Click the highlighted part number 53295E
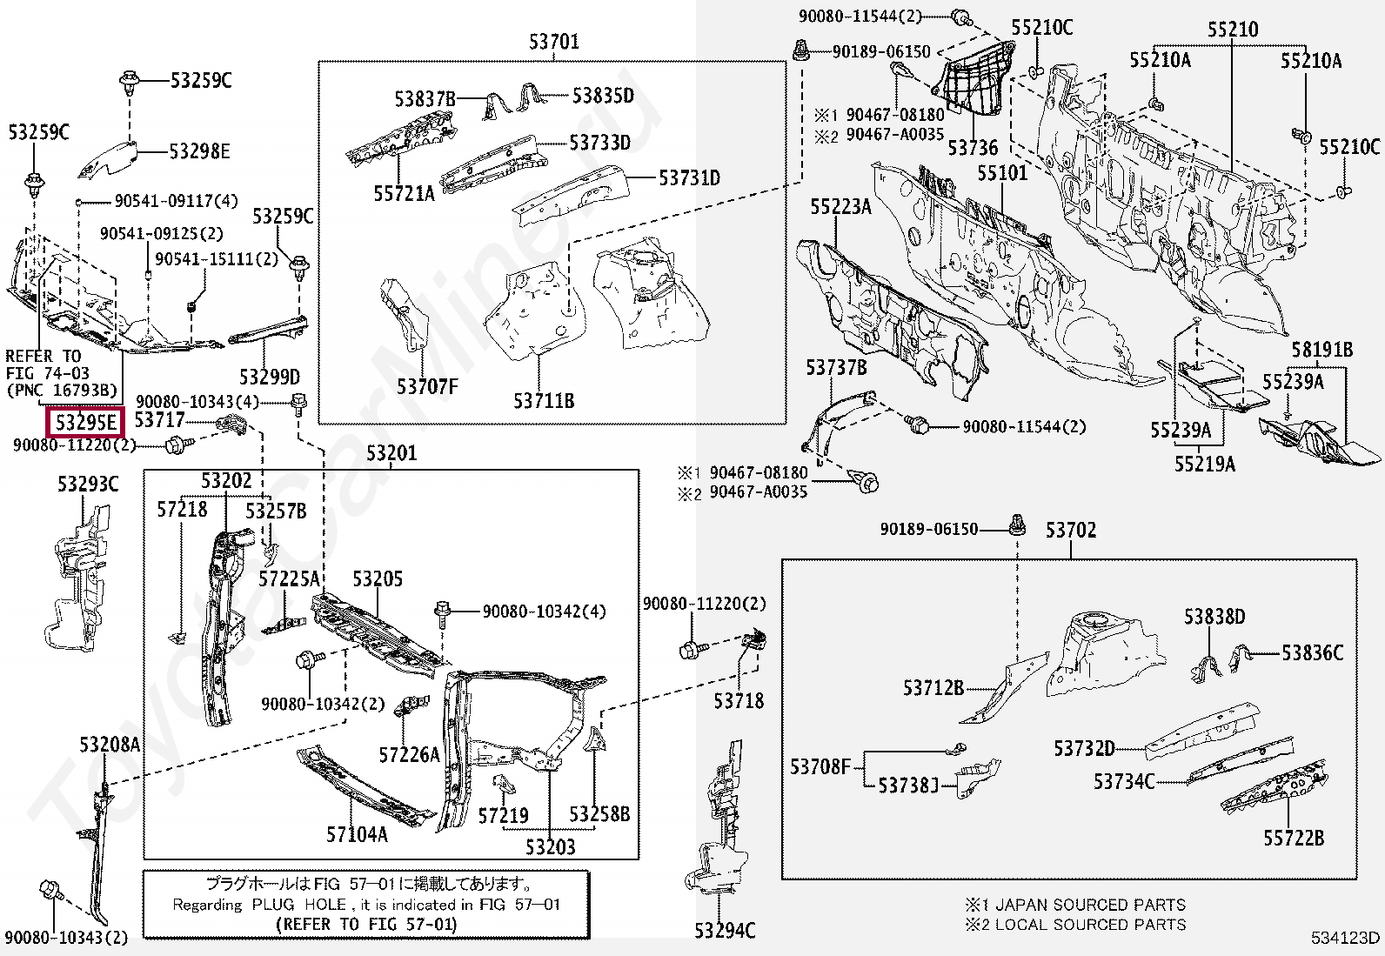pyautogui.click(x=85, y=423)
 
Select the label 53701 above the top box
pyautogui.click(x=553, y=41)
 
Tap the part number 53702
pyautogui.click(x=1070, y=530)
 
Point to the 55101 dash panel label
pyautogui.click(x=1001, y=173)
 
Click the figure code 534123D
pyautogui.click(x=1346, y=938)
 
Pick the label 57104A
pyautogui.click(x=357, y=834)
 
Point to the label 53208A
pyautogui.click(x=109, y=745)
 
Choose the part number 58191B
pyautogui.click(x=1321, y=350)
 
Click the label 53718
pyautogui.click(x=739, y=700)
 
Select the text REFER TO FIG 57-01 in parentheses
pyautogui.click(x=365, y=924)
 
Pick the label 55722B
pyautogui.click(x=1294, y=838)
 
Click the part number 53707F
pyautogui.click(x=427, y=386)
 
